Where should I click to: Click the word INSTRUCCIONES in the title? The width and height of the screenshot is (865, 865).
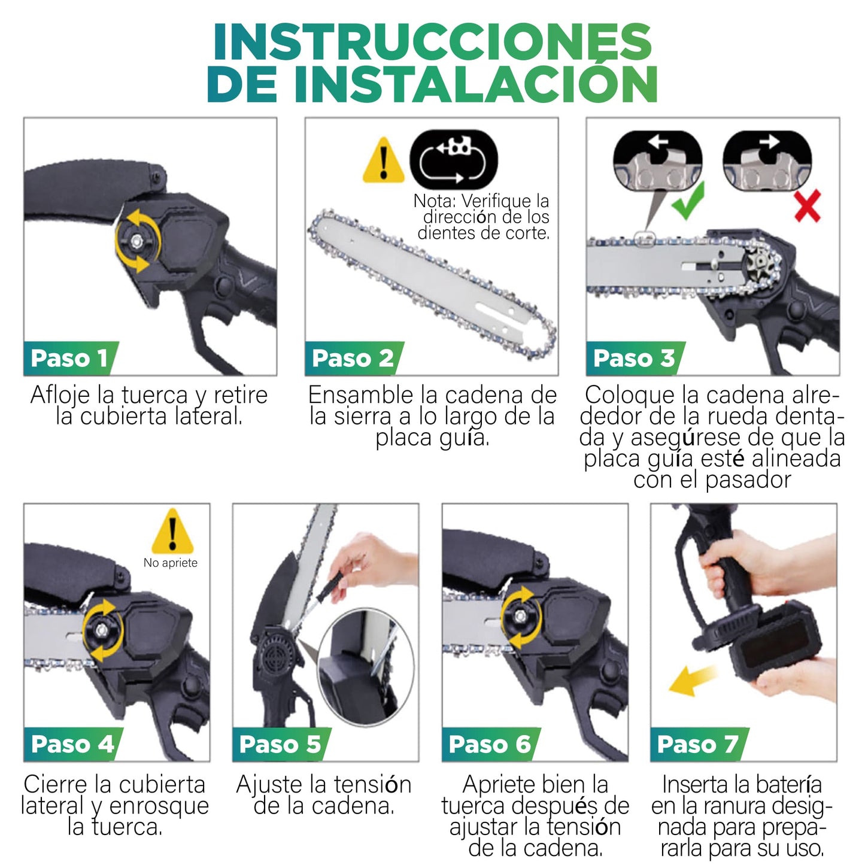point(432,42)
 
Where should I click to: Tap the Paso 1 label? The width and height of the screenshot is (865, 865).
point(69,358)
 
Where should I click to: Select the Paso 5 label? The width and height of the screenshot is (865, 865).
point(280,744)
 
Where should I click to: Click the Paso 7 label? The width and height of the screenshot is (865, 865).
point(697,744)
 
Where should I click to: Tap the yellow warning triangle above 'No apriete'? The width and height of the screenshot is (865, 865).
point(172,532)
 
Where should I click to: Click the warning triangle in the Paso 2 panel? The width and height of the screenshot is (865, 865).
point(384,160)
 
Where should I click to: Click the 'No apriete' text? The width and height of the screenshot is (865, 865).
point(171,563)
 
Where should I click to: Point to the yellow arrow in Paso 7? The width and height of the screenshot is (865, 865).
point(690,681)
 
